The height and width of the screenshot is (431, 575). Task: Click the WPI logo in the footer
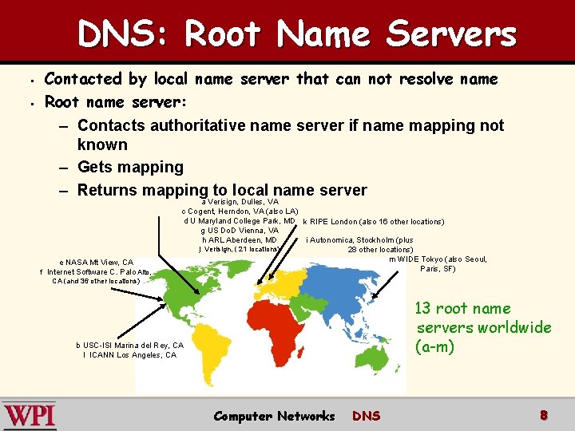pos(29,416)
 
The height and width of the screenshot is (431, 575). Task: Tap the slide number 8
pos(543,415)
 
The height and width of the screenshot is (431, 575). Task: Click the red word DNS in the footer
pos(366,416)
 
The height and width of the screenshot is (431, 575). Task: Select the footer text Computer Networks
pos(274,416)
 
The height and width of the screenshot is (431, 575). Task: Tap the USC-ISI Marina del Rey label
pos(129,345)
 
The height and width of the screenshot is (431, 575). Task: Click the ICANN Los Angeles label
pos(129,355)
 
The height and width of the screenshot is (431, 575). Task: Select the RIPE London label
pos(373,221)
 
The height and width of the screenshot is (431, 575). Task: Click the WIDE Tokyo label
pos(438,259)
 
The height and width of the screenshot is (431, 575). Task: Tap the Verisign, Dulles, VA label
pos(240,202)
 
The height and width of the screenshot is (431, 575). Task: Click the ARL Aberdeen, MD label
pos(240,239)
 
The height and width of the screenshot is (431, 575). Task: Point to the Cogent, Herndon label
pos(240,212)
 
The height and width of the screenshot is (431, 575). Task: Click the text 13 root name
pos(462,309)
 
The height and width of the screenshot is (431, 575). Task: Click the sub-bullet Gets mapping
pos(130,167)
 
